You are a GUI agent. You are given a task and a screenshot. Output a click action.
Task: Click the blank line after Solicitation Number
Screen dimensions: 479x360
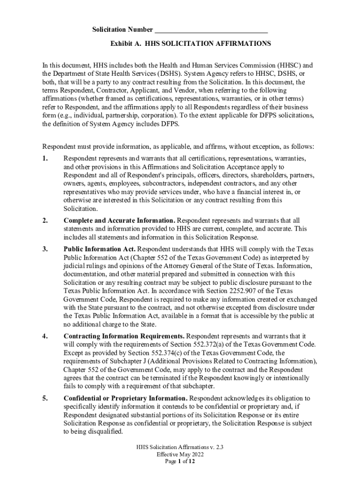[211, 31]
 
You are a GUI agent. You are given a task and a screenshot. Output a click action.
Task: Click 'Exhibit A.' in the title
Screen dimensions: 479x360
[126, 44]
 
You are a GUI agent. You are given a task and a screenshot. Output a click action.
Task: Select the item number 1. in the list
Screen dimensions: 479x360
[45, 159]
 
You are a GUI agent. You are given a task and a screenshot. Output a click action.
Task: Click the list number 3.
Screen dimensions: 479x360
[45, 249]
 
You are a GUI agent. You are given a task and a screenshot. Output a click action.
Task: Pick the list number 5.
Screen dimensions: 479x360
[45, 399]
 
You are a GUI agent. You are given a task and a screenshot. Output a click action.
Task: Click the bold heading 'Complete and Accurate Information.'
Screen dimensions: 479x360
[119, 220]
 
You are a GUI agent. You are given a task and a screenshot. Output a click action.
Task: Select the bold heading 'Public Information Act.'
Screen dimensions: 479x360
[100, 249]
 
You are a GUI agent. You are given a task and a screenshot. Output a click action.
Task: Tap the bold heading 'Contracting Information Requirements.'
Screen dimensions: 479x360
[124, 336]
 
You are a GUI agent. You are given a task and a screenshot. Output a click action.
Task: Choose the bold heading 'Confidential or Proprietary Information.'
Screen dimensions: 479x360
[125, 399]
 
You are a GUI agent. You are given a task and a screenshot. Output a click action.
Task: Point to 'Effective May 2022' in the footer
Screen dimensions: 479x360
[180, 454]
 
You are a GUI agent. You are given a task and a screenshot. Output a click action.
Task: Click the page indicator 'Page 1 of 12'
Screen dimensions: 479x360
[180, 461]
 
